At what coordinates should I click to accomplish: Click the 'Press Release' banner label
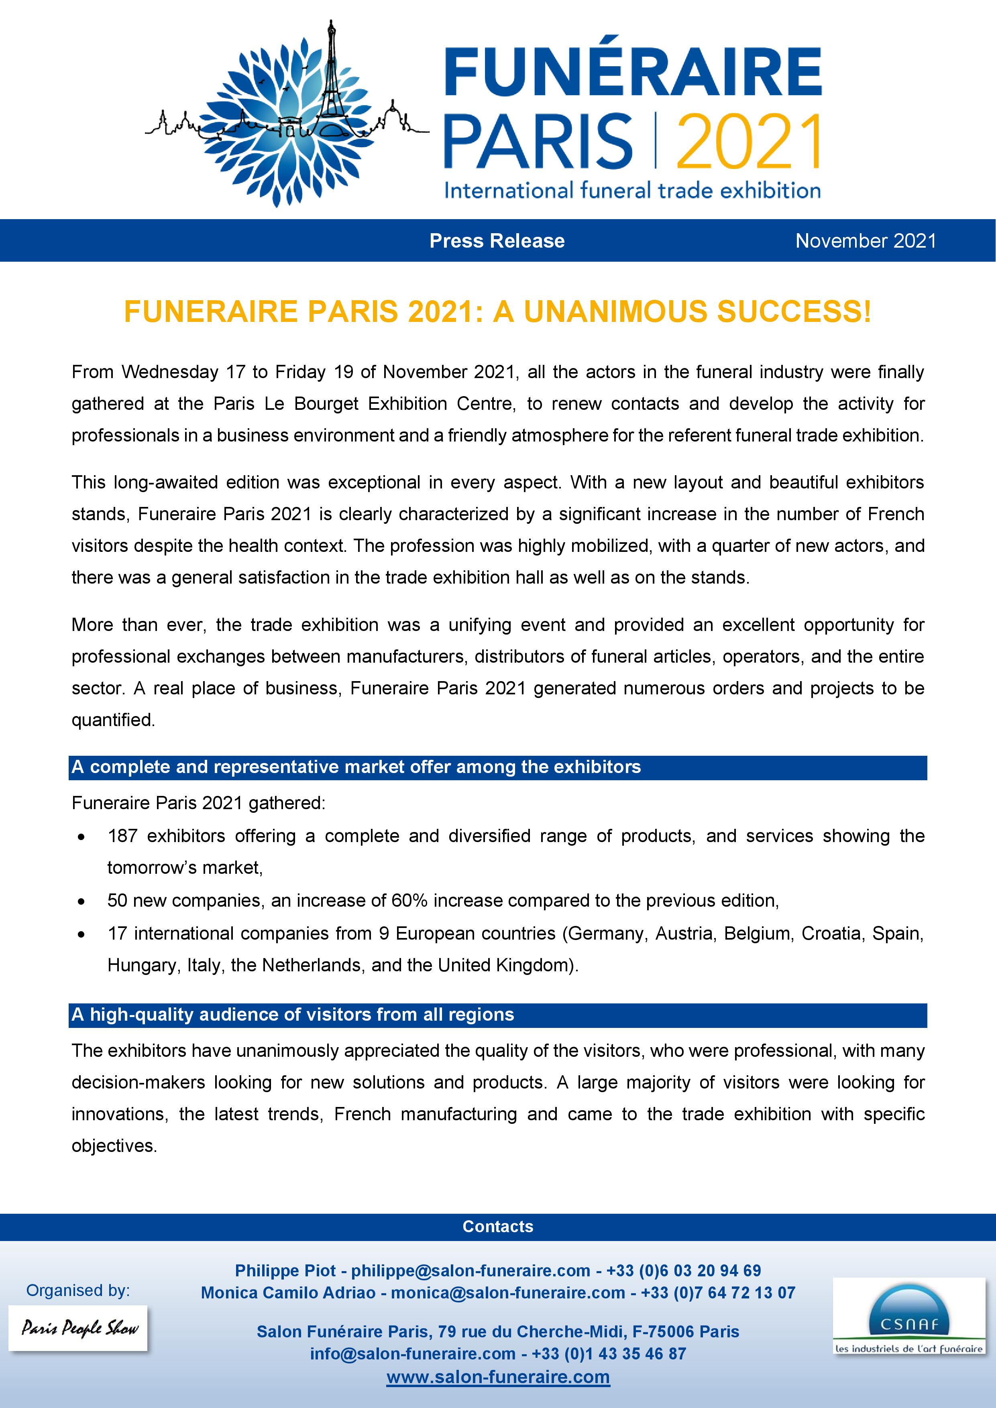[x=497, y=241]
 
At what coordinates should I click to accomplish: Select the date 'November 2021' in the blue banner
[x=866, y=241]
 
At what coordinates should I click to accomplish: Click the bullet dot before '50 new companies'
[x=81, y=901]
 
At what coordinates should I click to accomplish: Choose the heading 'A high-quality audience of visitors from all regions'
[x=293, y=1015]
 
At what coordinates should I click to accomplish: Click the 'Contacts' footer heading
[x=497, y=1227]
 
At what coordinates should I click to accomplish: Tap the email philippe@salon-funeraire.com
[x=471, y=1271]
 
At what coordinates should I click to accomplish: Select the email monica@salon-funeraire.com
[x=508, y=1293]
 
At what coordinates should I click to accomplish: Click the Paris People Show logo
[x=79, y=1328]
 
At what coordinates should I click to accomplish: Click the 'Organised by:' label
[x=78, y=1291]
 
